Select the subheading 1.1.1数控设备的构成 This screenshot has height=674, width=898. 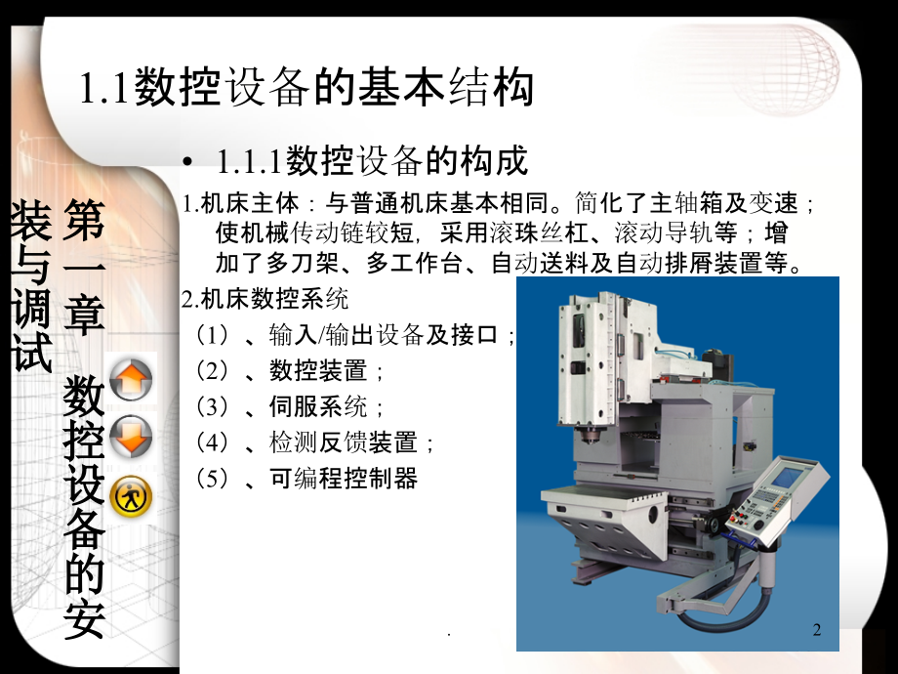(371, 159)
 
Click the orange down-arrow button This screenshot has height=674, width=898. (131, 437)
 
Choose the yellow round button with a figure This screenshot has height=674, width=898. (131, 498)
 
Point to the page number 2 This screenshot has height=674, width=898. (817, 630)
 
